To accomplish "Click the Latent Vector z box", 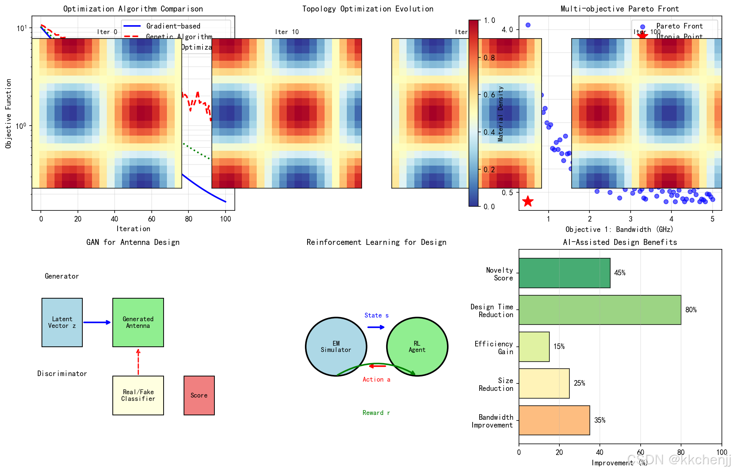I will pyautogui.click(x=62, y=322).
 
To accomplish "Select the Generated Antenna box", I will pyautogui.click(x=138, y=322).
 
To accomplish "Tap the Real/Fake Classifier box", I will pyautogui.click(x=138, y=395).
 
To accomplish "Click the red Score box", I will pyautogui.click(x=199, y=395).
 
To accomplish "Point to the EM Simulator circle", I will pyautogui.click(x=336, y=346).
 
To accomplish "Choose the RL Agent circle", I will pyautogui.click(x=417, y=346).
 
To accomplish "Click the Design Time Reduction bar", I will pyautogui.click(x=599, y=310).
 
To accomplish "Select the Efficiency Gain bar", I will pyautogui.click(x=534, y=346).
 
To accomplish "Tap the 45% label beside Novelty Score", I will pyautogui.click(x=619, y=273).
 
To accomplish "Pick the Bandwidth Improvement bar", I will pyautogui.click(x=554, y=420).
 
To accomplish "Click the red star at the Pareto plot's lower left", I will pyautogui.click(x=527, y=201).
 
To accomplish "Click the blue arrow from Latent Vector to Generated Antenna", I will pyautogui.click(x=97, y=322).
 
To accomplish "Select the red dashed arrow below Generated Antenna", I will pyautogui.click(x=138, y=362).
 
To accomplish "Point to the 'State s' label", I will pyautogui.click(x=376, y=315).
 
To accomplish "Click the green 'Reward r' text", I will pyautogui.click(x=376, y=413).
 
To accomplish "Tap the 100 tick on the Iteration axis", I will pyautogui.click(x=226, y=219).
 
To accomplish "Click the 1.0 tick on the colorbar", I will pyautogui.click(x=489, y=20).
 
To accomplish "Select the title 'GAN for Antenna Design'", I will pyautogui.click(x=133, y=242).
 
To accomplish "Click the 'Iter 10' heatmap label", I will pyautogui.click(x=287, y=32).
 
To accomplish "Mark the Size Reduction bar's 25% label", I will pyautogui.click(x=579, y=383).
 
